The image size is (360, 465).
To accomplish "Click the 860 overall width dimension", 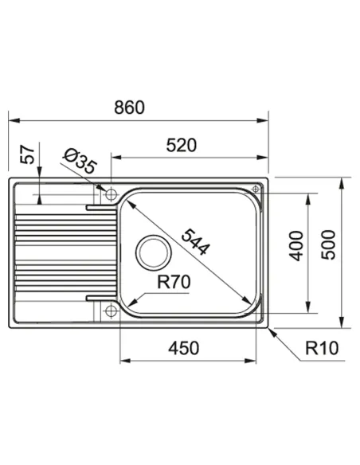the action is point(130,107).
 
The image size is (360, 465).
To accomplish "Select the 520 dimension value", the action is point(181,145).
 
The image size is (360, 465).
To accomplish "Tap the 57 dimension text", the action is point(28,154).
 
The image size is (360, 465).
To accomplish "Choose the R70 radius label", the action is point(174,282).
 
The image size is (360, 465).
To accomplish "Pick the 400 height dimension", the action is point(296,246).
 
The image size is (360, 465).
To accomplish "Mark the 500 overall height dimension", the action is point(328,245).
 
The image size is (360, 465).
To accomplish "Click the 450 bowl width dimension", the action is point(183,348).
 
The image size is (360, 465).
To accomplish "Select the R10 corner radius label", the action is point(322,348).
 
